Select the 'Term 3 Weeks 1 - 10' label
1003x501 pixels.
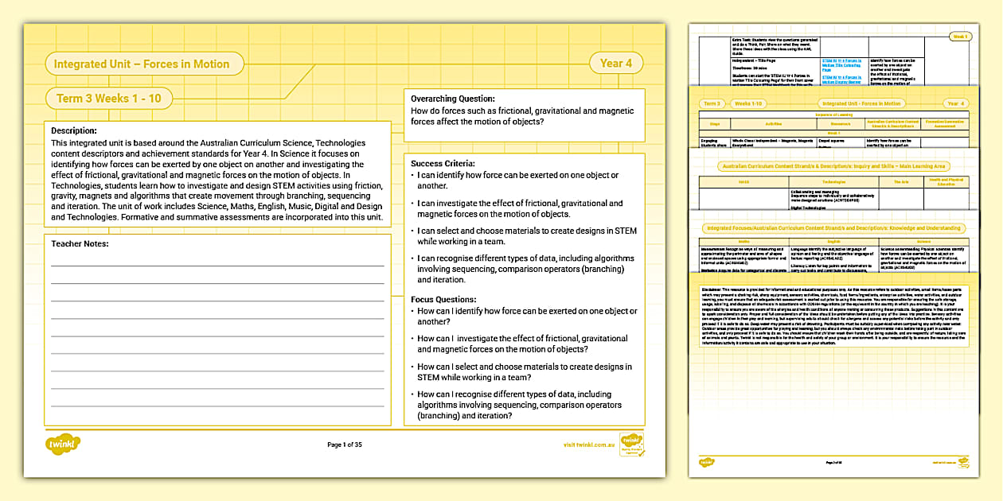click(109, 99)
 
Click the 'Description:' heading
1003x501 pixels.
click(74, 130)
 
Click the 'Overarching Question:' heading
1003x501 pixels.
click(453, 99)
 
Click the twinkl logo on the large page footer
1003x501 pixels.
click(64, 444)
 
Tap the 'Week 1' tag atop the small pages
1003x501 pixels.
click(960, 36)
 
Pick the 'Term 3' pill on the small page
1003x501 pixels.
click(712, 103)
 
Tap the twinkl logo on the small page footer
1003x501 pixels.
click(706, 462)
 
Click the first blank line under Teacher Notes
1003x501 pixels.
click(217, 263)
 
